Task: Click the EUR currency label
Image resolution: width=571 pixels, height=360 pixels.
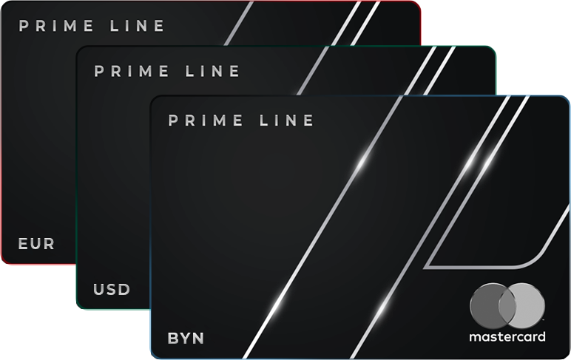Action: pos(36,243)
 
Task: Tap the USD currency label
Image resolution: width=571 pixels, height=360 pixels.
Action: pos(112,289)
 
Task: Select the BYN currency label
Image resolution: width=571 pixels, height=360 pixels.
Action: pos(186,339)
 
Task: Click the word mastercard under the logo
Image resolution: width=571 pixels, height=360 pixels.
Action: pos(507,337)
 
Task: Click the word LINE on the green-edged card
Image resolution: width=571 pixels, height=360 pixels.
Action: pos(215,72)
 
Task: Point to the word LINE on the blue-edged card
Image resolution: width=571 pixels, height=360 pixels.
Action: pos(290,120)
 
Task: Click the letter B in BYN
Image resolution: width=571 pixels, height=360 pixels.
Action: pos(173,339)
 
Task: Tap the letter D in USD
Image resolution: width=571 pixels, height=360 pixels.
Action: pos(124,289)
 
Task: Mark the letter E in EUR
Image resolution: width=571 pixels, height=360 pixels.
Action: pos(23,243)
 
